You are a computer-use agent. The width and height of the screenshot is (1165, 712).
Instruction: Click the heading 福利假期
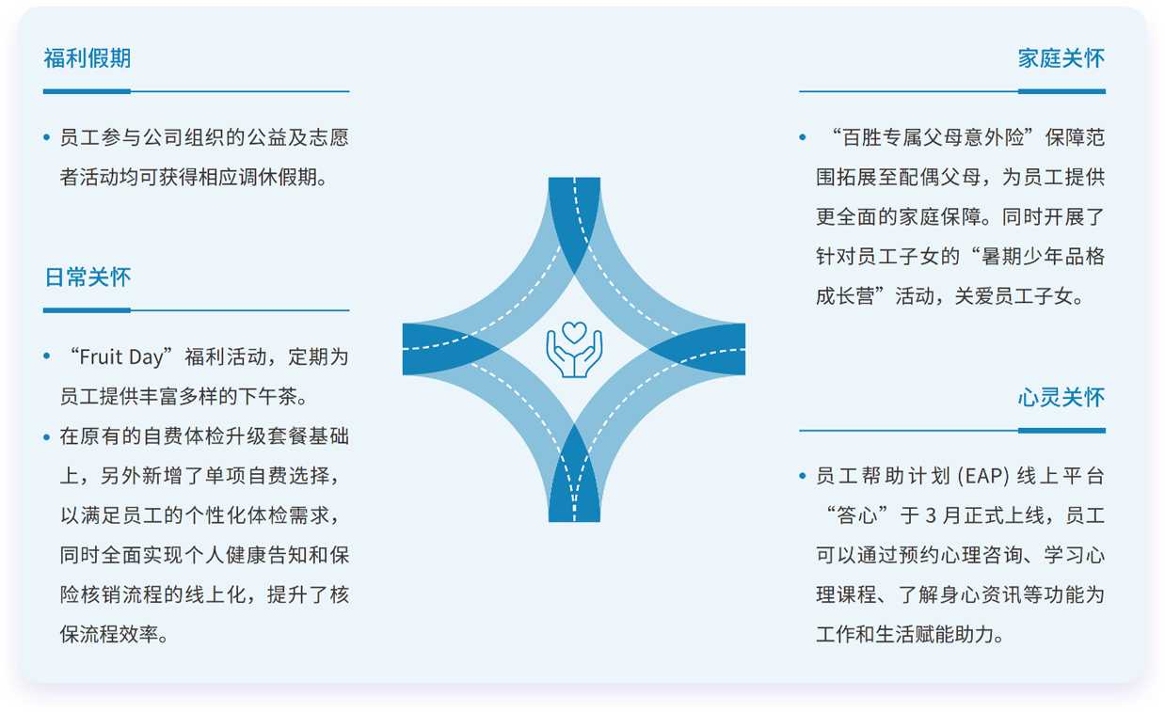coord(88,58)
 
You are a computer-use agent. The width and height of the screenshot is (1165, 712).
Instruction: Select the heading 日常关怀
coord(88,277)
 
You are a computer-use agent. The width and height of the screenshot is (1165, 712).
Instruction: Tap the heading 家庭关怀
coord(1061,58)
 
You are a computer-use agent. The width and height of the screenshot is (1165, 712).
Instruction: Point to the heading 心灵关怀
coord(1061,398)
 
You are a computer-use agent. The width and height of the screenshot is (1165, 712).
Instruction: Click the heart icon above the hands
coord(574,333)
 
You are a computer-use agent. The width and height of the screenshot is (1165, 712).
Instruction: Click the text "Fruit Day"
coord(120,357)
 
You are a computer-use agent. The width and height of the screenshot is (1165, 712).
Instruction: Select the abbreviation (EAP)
coord(983,476)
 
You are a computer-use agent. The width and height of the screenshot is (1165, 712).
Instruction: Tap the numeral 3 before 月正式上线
coord(931,516)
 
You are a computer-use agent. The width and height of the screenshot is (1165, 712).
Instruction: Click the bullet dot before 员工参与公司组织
coord(47,137)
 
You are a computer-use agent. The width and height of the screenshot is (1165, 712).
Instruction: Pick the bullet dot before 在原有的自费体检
coord(47,437)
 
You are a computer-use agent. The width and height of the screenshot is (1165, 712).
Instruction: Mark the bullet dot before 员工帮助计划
coord(803,476)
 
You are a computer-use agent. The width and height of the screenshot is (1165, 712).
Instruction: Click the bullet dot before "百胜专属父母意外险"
coord(803,137)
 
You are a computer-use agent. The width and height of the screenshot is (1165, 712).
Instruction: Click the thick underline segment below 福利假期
coord(87,92)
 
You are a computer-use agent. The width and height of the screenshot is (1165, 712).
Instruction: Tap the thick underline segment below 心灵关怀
coord(1061,431)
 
